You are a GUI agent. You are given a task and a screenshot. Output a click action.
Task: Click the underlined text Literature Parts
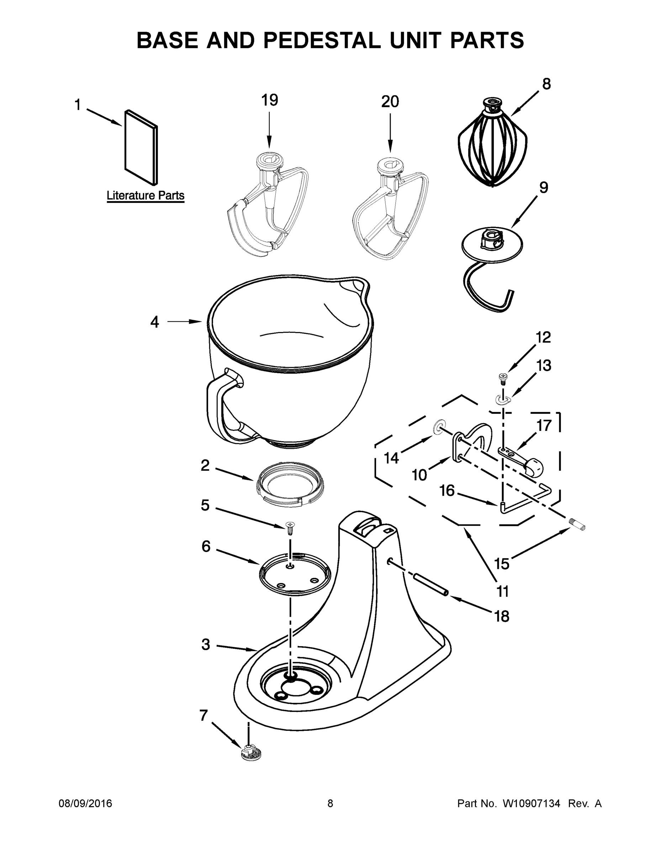pyautogui.click(x=146, y=195)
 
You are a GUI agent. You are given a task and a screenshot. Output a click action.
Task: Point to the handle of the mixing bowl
pyautogui.click(x=219, y=407)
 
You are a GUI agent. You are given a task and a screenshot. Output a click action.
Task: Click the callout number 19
pyautogui.click(x=269, y=100)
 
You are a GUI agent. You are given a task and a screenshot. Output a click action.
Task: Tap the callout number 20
pyautogui.click(x=390, y=102)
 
